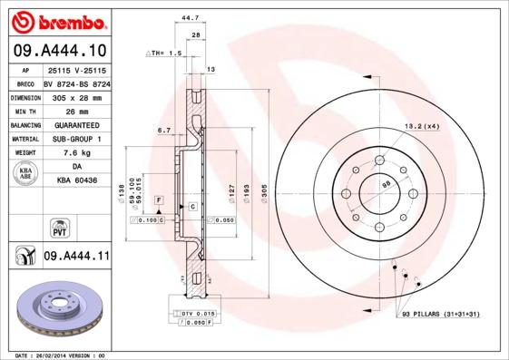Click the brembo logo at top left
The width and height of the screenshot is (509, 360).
click(x=61, y=21)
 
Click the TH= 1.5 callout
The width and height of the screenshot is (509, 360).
click(x=165, y=54)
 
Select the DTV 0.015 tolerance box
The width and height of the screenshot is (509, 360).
click(x=195, y=313)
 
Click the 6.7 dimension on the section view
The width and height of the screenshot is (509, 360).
click(x=164, y=131)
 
